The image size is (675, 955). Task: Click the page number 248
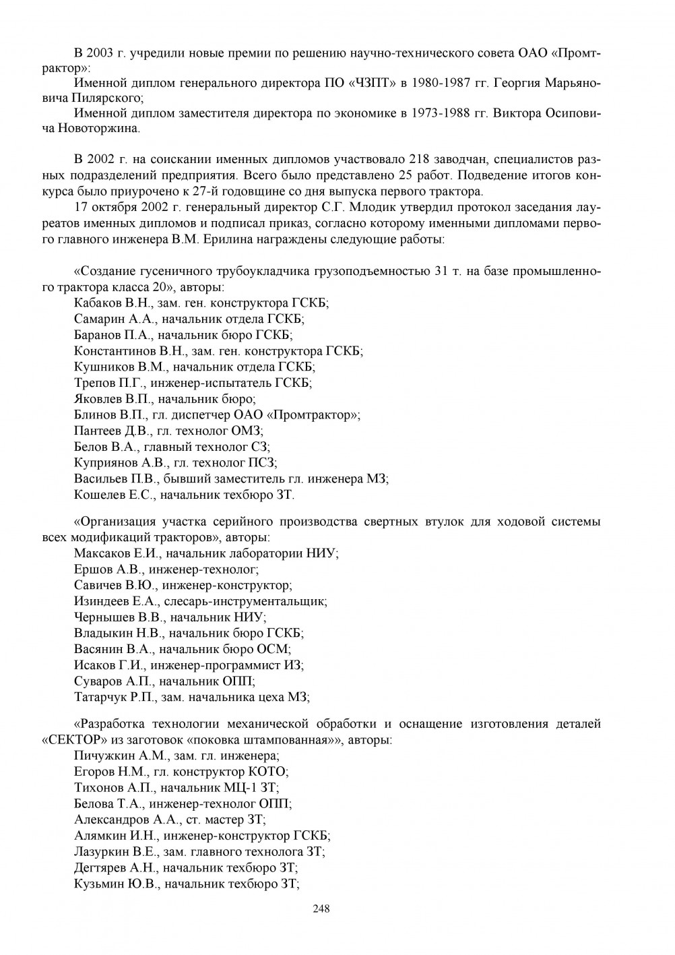321,908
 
